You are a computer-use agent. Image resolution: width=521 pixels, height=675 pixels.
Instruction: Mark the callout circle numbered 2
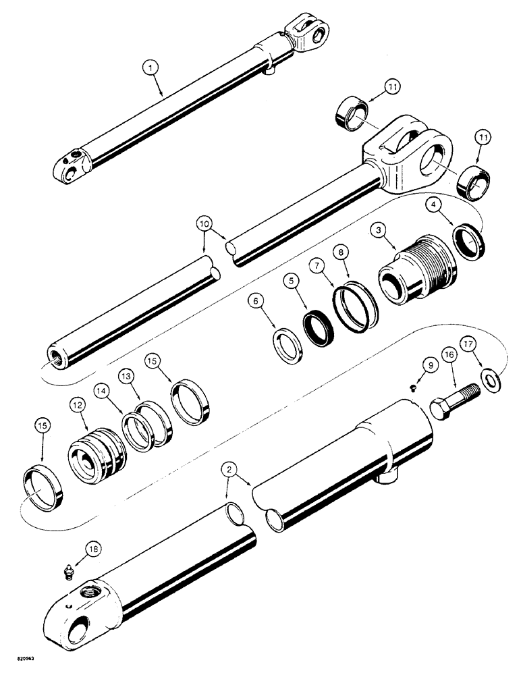(231, 468)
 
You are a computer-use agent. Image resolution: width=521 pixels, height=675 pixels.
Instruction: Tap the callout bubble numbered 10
(204, 222)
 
